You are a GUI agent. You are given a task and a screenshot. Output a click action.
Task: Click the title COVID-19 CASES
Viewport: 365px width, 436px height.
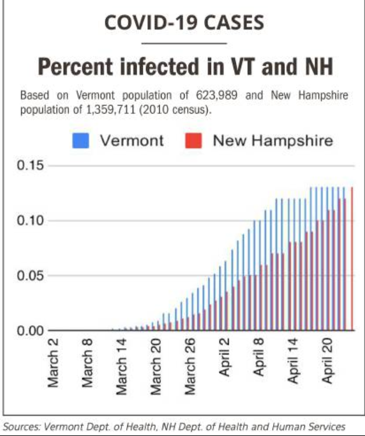[x=183, y=23]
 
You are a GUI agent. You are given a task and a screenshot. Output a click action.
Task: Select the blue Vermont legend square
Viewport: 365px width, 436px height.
[x=81, y=141]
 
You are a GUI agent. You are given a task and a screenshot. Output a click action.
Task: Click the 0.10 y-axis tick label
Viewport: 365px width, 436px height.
[x=29, y=220]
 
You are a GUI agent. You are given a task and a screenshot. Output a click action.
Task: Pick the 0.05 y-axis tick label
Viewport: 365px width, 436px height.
[x=29, y=275]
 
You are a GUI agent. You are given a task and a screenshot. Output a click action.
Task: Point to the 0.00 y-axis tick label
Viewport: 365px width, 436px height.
[x=29, y=330]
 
